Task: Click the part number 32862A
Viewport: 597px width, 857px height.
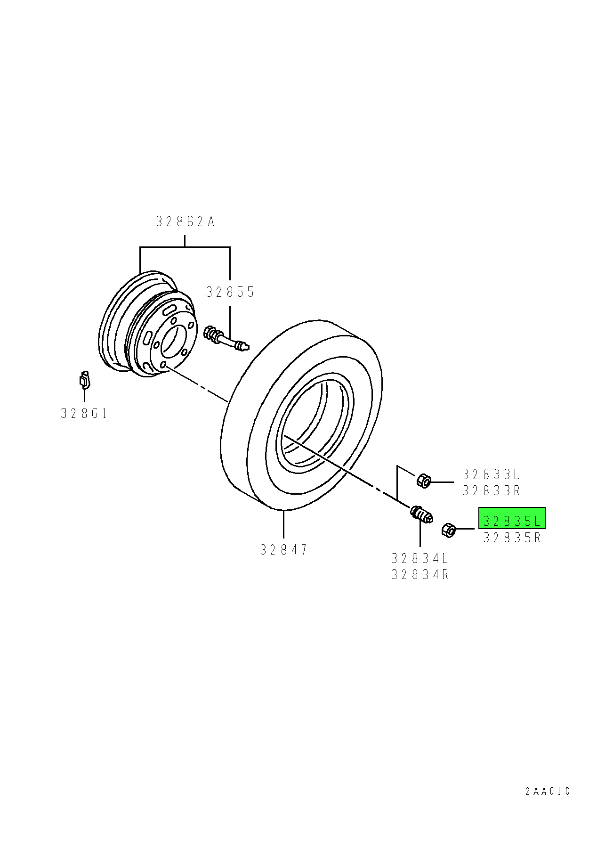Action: (x=185, y=221)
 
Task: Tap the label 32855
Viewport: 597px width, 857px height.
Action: (x=230, y=292)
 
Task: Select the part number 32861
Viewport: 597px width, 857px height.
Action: (x=84, y=414)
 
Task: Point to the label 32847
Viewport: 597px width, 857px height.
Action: (x=283, y=550)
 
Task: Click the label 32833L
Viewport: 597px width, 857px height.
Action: (x=491, y=474)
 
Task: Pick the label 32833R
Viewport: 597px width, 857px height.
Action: (x=491, y=491)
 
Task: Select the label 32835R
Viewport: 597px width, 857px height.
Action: (x=512, y=538)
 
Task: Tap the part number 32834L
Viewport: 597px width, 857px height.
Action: (x=420, y=559)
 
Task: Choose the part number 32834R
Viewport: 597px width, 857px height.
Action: (x=420, y=575)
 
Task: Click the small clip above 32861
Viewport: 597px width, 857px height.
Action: (x=84, y=379)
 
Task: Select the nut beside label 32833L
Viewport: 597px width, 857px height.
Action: (x=423, y=481)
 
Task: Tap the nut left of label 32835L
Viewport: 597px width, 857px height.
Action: (x=449, y=531)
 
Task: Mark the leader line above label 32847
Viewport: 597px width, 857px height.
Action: (x=283, y=524)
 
